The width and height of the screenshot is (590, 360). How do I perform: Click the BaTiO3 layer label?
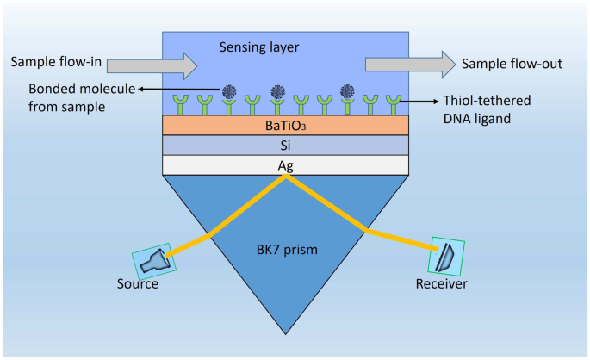(285, 126)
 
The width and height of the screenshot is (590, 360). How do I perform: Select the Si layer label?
(285, 146)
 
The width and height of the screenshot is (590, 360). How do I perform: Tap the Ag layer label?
(285, 165)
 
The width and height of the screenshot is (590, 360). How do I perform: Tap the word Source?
(139, 285)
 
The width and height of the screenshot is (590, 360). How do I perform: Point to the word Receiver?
(442, 285)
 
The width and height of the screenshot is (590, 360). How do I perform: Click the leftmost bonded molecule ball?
(229, 90)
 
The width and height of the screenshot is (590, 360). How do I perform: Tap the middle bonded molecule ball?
(277, 90)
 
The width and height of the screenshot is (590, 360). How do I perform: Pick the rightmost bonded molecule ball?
(348, 90)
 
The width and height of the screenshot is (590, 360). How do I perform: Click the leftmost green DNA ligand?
(181, 105)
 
